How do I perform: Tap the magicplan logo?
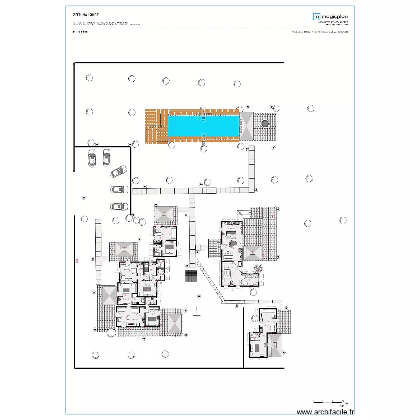click(330, 17)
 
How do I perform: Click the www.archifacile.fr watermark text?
click(325, 412)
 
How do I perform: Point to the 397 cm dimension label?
click(157, 127)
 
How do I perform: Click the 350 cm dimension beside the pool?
click(241, 125)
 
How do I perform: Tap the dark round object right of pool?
click(265, 123)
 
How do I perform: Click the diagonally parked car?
click(119, 171)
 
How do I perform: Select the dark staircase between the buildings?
click(192, 276)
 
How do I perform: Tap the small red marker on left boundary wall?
click(76, 261)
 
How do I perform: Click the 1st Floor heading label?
click(81, 32)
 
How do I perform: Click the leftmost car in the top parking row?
click(92, 160)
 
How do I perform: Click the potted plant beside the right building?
click(258, 269)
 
